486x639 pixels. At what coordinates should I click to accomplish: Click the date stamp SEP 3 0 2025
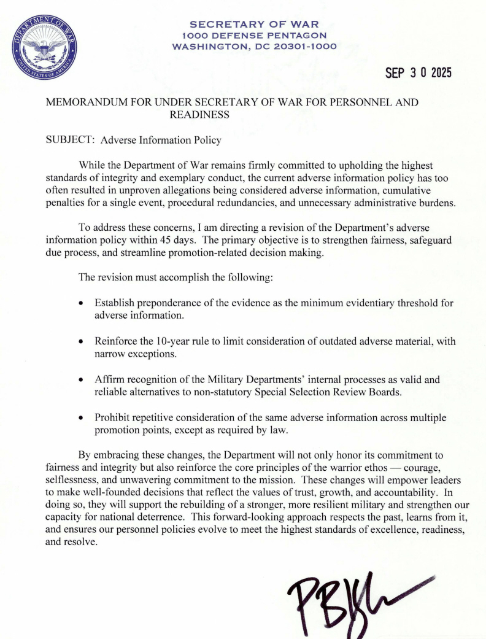click(x=418, y=73)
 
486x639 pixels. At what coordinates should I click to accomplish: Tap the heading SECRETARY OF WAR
click(x=255, y=25)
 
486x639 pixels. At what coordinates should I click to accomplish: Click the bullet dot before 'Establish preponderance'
click(x=82, y=304)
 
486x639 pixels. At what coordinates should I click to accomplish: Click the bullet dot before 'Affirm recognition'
click(x=82, y=381)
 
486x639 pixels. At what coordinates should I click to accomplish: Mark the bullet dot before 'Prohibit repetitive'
click(x=82, y=419)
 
